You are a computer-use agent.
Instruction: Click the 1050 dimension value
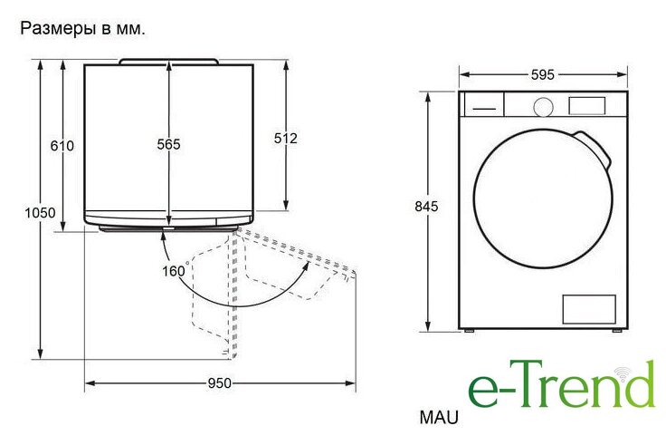tap(40, 213)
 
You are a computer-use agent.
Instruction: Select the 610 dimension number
tap(62, 146)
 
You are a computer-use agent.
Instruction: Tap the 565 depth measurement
tap(168, 145)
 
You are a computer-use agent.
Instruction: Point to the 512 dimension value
tap(285, 139)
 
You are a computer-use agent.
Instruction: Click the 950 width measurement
tap(220, 383)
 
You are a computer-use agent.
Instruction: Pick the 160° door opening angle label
tap(176, 270)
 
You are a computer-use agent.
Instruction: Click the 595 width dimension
tap(543, 75)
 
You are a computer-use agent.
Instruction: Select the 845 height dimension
tap(426, 207)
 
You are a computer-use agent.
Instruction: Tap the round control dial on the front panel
tap(543, 107)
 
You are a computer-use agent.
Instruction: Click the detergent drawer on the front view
tap(484, 104)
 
